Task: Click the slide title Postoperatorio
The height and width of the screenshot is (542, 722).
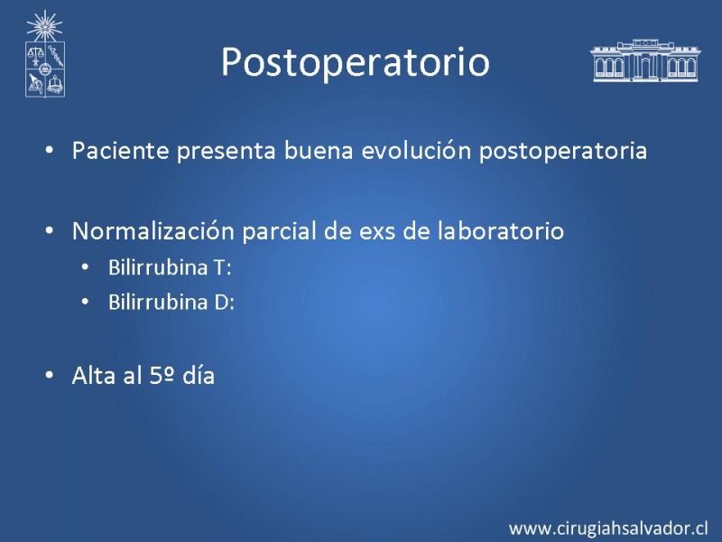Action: (355, 62)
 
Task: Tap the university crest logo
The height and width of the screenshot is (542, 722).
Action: (44, 54)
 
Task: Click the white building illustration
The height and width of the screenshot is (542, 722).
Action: (645, 61)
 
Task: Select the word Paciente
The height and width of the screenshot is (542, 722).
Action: (121, 150)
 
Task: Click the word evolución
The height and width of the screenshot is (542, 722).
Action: (416, 150)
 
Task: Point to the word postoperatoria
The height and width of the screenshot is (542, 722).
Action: (563, 152)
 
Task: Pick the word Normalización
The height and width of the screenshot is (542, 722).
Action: (153, 230)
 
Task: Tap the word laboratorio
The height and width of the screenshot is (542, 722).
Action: (501, 230)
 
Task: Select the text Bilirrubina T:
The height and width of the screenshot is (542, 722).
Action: (170, 267)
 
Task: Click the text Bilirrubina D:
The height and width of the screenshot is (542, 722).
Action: (171, 303)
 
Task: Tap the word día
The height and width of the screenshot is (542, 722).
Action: (199, 375)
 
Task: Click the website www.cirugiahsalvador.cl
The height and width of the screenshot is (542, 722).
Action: (608, 528)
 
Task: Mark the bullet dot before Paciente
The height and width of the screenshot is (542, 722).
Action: (50, 151)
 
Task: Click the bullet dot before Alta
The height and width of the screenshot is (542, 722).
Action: (50, 376)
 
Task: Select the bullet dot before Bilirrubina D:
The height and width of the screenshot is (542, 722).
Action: (85, 303)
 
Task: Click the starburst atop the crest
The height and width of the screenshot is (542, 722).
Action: (44, 26)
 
